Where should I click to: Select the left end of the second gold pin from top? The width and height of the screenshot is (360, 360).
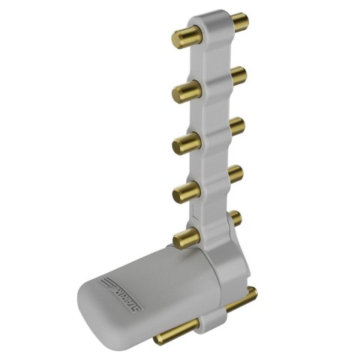tap(180, 94)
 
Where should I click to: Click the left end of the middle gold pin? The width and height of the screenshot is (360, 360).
tap(180, 143)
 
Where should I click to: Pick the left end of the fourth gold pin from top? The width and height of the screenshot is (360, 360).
tap(180, 193)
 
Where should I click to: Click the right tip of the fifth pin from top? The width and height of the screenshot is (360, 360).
tap(238, 218)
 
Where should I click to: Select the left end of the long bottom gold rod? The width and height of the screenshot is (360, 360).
tap(160, 338)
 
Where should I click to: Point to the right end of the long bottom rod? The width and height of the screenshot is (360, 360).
tap(253, 293)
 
